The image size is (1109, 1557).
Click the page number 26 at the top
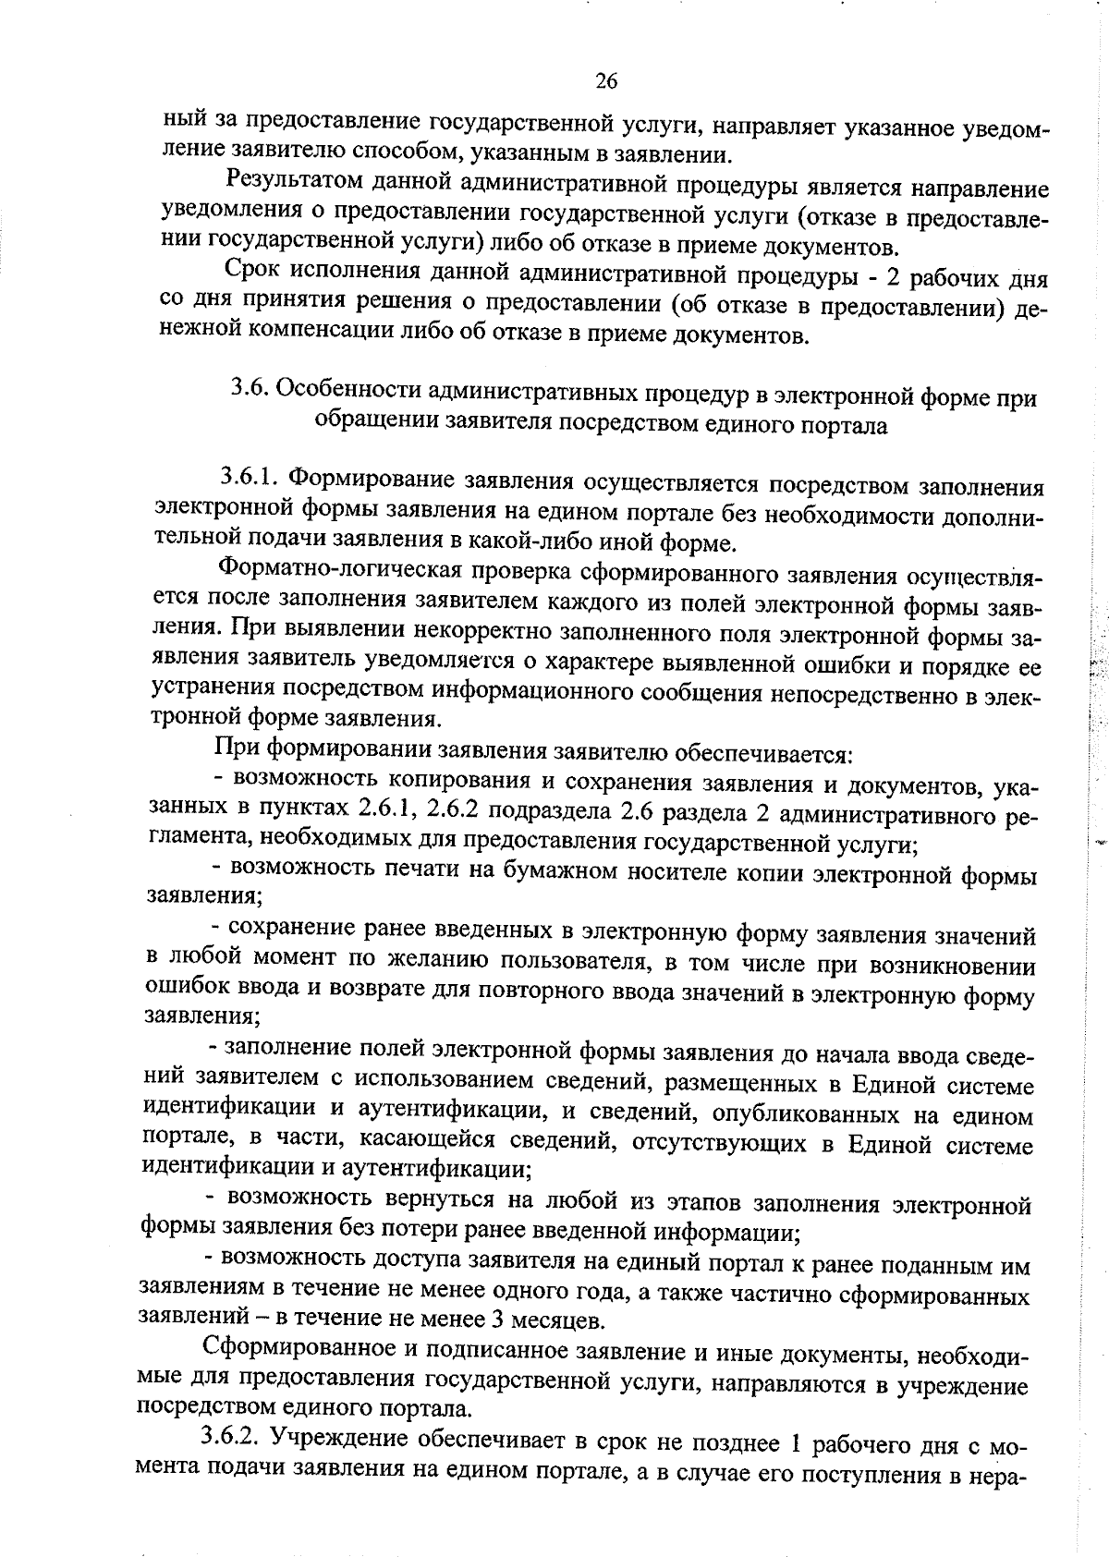click(606, 81)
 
